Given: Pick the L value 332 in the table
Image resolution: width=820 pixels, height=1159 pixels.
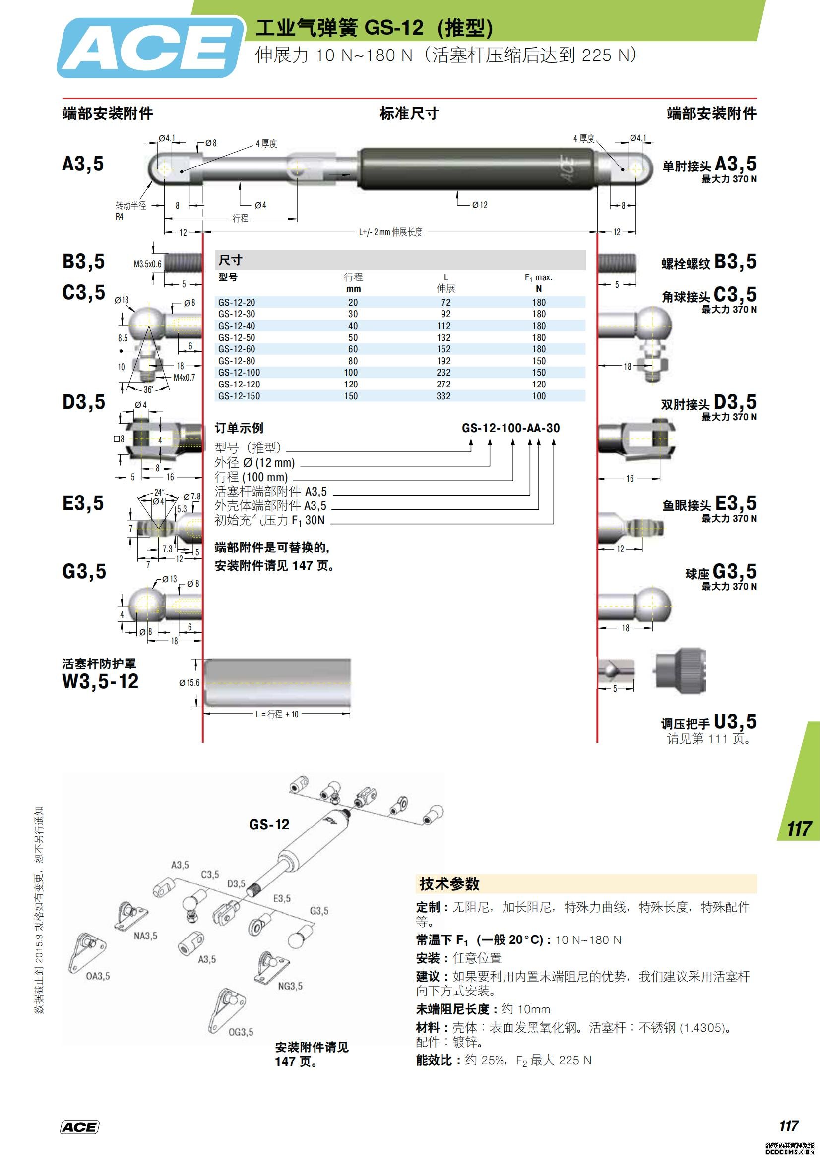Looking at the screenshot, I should pos(443,396).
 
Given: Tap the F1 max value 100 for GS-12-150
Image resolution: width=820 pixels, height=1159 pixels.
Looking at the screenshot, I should pos(539,396).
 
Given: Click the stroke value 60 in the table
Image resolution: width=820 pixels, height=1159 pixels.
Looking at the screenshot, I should pos(353,349).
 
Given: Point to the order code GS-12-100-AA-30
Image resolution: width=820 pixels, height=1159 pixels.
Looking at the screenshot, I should pos(510,428).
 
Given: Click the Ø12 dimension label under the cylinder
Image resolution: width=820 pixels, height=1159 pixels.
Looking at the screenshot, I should pos(480,205).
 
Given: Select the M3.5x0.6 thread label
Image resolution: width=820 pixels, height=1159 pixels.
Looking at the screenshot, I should pos(147,264).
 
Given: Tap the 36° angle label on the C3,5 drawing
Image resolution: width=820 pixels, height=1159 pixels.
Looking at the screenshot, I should pos(148,389).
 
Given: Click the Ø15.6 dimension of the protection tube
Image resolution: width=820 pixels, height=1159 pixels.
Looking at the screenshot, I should pos(189,682).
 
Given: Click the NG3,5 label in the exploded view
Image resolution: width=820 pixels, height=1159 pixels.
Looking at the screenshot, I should pos(290,986).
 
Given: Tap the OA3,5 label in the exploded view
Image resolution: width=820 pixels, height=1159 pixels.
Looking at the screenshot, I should pos(98,976).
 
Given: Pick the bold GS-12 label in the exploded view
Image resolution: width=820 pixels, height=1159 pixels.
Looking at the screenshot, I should pos(269,825).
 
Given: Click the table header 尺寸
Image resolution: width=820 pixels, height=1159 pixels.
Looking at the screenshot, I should pos(230,261).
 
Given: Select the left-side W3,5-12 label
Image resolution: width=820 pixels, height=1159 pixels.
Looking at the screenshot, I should pos(100,681).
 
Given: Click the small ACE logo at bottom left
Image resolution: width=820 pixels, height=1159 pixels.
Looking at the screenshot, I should pos(79,1127).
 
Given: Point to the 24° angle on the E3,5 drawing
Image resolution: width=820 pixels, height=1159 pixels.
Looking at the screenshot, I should pos(159,492).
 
